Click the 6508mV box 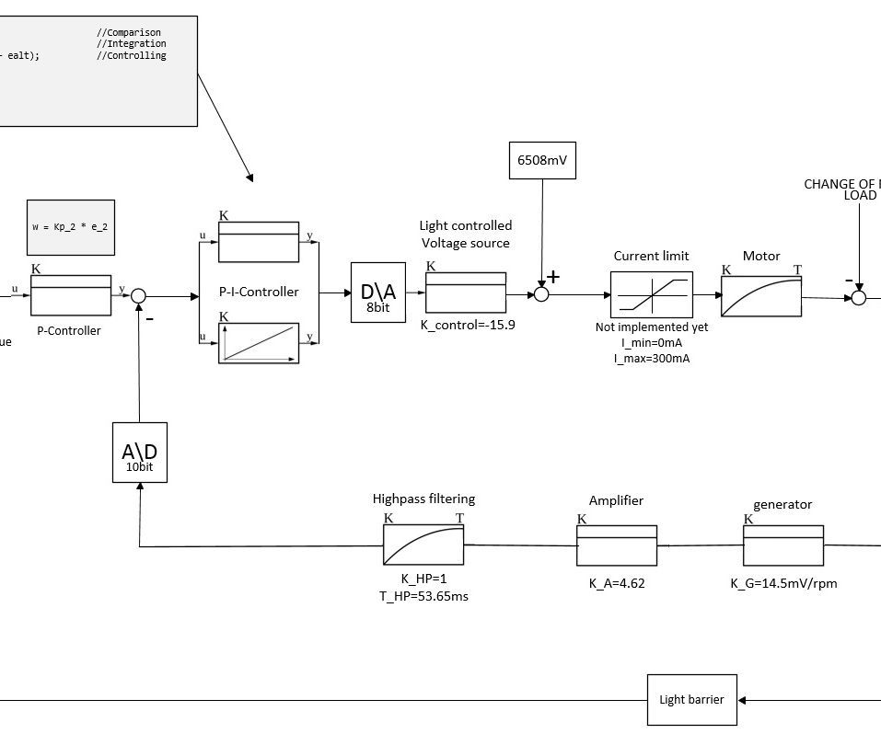[x=542, y=160]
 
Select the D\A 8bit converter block [x=377, y=292]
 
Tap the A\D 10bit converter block [x=139, y=452]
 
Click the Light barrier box [x=691, y=699]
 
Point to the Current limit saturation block [x=652, y=295]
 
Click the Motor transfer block [x=760, y=295]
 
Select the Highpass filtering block [x=423, y=545]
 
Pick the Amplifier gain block [x=617, y=545]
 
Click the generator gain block [x=783, y=545]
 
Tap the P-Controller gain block [x=71, y=295]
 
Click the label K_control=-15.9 [x=467, y=325]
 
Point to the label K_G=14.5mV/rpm [x=783, y=583]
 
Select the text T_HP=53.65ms [x=423, y=596]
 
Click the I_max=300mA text [x=651, y=358]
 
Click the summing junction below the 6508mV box [x=542, y=294]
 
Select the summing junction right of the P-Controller [x=138, y=295]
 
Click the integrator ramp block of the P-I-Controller [x=259, y=343]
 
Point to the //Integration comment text [x=132, y=44]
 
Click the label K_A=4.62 [x=617, y=583]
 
